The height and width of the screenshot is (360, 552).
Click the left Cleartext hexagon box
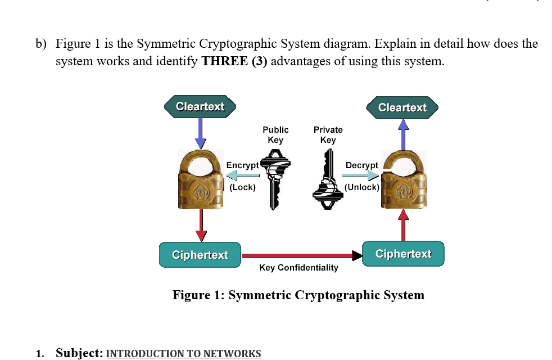coord(200,106)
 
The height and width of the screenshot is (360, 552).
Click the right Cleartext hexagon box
coord(402,107)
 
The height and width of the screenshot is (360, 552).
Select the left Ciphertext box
coord(200,255)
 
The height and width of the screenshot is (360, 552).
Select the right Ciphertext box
coord(403,254)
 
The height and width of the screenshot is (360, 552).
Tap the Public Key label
coord(275,134)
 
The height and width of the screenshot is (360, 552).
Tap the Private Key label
coord(328,134)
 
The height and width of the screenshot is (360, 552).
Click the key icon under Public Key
coord(274,179)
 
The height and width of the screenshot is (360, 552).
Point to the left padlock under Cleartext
coord(201,180)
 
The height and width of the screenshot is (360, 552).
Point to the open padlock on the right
coord(403,180)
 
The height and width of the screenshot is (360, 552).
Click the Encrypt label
coord(242,165)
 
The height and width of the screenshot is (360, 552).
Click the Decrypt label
coord(362,165)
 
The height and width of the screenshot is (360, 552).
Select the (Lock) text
coord(242,187)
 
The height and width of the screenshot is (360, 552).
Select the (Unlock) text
coord(362,187)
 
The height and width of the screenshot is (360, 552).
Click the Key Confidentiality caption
coord(298,268)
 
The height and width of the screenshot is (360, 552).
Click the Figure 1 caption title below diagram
coord(298,295)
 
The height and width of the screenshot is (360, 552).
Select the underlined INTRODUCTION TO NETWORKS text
coord(183,353)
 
